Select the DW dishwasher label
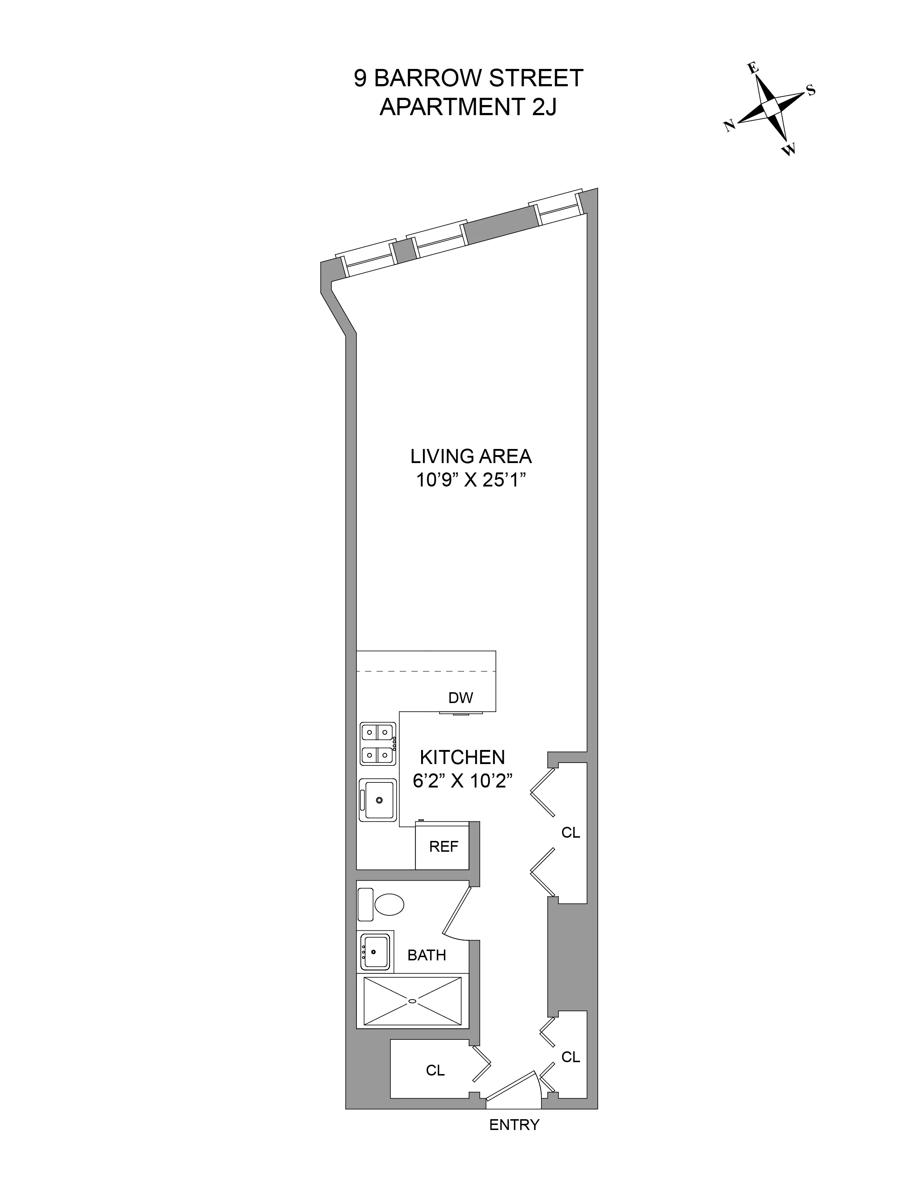461,698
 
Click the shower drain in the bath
412,1001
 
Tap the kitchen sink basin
379,799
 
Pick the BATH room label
427,955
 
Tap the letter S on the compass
811,91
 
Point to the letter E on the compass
753,68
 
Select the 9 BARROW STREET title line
468,78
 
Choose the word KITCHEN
462,758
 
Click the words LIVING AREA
471,456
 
